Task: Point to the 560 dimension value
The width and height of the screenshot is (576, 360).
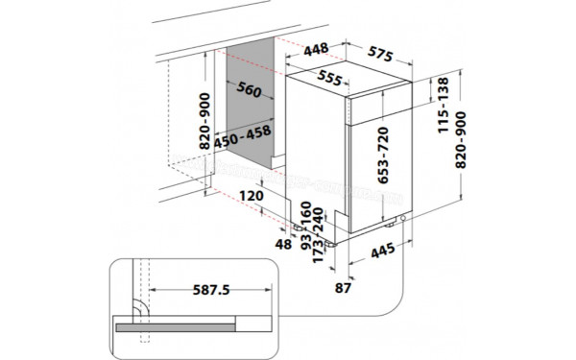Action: (x=248, y=91)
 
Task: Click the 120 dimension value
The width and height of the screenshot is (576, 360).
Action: (x=251, y=197)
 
